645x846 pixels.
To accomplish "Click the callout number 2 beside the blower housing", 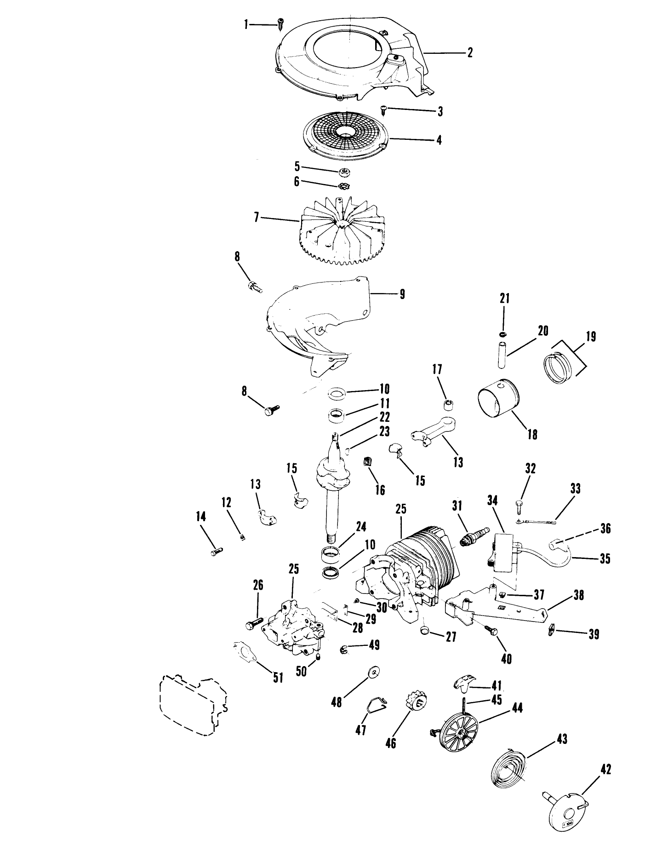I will point(469,53).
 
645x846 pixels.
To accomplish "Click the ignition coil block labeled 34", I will point(504,552).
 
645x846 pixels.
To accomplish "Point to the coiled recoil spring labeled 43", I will point(508,768).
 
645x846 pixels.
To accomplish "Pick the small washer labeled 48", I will point(375,673).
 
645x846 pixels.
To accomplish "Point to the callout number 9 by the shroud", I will point(402,294).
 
